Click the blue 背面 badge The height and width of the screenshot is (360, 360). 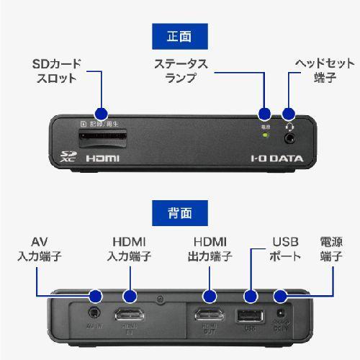[179, 212]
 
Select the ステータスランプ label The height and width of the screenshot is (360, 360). [180, 71]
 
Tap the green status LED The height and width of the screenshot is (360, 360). [265, 134]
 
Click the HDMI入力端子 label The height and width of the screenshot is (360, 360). [130, 248]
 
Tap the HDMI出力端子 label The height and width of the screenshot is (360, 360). [210, 248]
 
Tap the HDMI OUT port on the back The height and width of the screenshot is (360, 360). [210, 315]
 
